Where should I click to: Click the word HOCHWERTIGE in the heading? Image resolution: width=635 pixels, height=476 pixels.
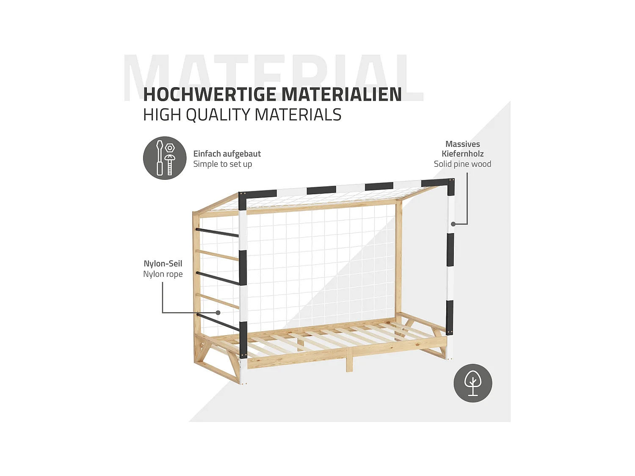[x=210, y=94]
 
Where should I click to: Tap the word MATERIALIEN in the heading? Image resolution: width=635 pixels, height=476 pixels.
[x=341, y=94]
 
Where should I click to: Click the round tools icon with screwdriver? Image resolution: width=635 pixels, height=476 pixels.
[x=165, y=158]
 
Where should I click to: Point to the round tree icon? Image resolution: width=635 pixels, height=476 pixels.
[x=473, y=383]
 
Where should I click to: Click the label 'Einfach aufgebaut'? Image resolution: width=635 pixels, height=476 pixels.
[x=227, y=154]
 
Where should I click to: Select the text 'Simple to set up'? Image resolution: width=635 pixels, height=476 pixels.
[x=223, y=164]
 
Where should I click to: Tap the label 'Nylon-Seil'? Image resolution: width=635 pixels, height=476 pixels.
[x=163, y=264]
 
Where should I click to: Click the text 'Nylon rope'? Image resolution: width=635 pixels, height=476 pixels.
[x=163, y=274]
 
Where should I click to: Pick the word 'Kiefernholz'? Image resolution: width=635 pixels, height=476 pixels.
[x=462, y=154]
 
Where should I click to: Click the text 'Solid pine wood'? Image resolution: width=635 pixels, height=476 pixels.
[x=462, y=164]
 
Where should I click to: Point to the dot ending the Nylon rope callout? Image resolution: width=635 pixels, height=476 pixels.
[x=218, y=313]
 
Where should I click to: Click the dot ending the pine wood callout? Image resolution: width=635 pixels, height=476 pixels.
[x=453, y=224]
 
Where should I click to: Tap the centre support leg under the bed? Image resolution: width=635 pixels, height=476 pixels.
[x=349, y=363]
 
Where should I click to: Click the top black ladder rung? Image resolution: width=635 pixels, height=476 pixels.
[x=217, y=232]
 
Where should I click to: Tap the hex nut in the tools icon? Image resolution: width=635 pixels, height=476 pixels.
[x=170, y=148]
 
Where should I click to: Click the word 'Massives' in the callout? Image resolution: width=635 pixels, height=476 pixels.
[x=462, y=144]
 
